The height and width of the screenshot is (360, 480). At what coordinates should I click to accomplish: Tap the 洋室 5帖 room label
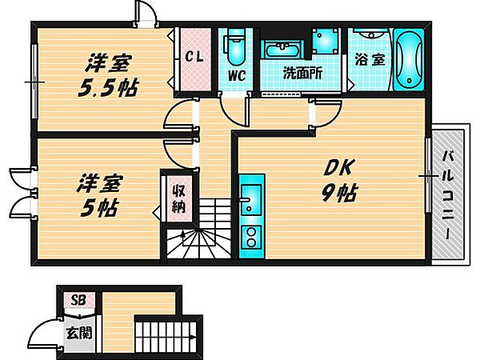[98, 194]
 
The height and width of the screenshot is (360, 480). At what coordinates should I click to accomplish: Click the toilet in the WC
[235, 48]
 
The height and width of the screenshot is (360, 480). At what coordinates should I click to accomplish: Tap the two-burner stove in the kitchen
[249, 236]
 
